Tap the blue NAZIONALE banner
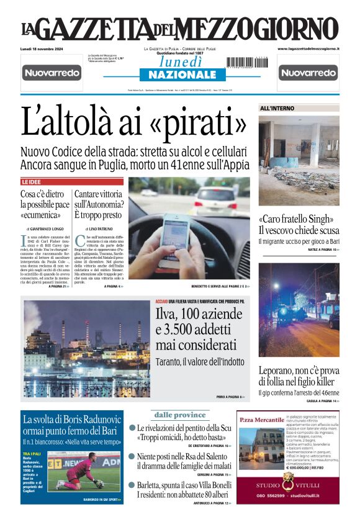pyautogui.click(x=173, y=74)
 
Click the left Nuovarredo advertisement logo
pyautogui.click(x=52, y=73)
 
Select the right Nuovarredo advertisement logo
pyautogui.click(x=308, y=73)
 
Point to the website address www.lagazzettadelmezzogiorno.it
pyautogui.click(x=308, y=48)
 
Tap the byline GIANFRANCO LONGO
pyautogui.click(x=45, y=230)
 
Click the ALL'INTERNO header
pyautogui.click(x=277, y=109)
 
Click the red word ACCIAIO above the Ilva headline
pyautogui.click(x=161, y=302)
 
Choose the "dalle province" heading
pyautogui.click(x=179, y=415)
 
